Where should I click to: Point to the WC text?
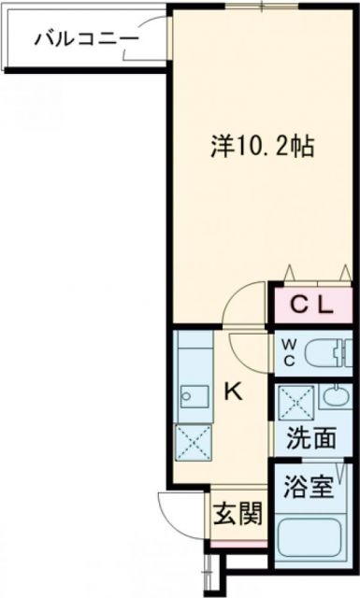click(288, 352)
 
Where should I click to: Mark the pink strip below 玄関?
click(235, 544)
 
